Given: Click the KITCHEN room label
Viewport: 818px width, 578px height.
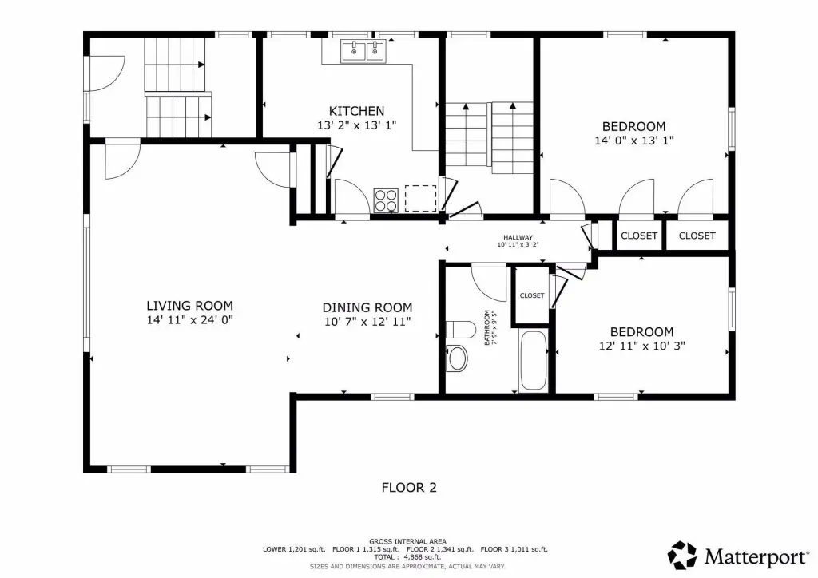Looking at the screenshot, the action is coord(356,111).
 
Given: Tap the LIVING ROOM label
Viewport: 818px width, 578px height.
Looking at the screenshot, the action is coord(189,306).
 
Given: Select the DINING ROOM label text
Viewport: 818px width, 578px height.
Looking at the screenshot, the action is coord(367,308).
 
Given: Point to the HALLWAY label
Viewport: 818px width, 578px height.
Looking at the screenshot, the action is coord(518,237).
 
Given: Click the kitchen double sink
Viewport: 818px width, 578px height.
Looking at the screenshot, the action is coord(363,51).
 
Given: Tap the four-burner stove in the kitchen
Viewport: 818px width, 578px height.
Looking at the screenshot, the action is coord(386,200).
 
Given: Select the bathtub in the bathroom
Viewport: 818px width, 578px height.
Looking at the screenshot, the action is coord(533,361).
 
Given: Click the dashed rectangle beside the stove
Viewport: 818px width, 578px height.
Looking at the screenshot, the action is coord(420,198).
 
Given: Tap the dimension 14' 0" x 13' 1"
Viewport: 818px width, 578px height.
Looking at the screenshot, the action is coord(633,141).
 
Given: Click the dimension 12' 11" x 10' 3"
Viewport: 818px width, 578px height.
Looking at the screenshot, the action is coord(641,346).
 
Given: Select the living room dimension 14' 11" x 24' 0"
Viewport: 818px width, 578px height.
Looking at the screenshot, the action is coord(189,320).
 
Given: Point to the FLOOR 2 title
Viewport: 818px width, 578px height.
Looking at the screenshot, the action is coord(409,488).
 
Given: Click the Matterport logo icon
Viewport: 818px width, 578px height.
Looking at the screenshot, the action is coord(683,555).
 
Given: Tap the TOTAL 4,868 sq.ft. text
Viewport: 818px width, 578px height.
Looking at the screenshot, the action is coord(407,557).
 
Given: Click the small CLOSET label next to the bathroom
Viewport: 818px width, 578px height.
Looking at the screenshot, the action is coord(532,295).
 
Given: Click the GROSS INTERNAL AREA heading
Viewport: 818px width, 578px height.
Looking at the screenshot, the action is coord(407,541).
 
